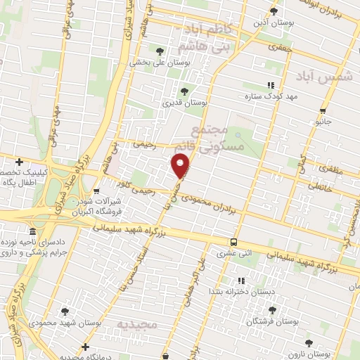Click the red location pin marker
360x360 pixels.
181,167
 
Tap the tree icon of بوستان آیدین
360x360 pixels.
274,11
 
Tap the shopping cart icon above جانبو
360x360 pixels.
323,110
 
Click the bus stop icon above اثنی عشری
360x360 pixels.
233,242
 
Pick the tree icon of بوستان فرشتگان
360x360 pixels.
272,309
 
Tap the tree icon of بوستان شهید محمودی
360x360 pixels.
65,310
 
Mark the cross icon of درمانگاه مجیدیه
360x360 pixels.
85,346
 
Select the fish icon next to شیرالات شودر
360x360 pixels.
96,191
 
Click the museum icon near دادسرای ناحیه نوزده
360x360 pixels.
32,232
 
